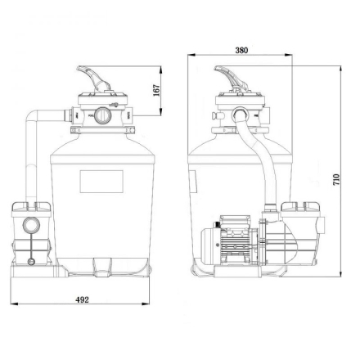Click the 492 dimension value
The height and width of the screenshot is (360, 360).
tap(82, 299)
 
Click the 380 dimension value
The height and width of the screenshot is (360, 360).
tap(241, 50)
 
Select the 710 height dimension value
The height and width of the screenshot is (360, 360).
tap(336, 180)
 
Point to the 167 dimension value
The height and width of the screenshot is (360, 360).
tap(156, 90)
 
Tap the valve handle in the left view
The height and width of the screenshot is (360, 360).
tap(94, 79)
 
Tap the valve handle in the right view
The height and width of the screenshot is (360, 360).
tap(232, 79)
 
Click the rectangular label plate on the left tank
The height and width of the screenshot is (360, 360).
tap(101, 182)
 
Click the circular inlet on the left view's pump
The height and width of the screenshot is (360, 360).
tap(31, 225)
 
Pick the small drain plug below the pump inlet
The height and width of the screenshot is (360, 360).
tap(31, 262)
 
